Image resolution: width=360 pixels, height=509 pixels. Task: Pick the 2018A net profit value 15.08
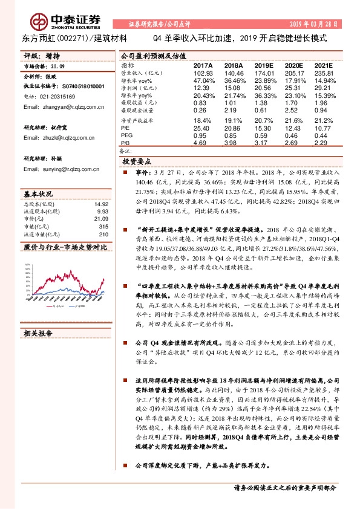232,88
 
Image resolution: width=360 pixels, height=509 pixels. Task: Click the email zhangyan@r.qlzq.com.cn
54,107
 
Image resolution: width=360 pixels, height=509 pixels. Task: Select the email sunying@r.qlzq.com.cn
53,169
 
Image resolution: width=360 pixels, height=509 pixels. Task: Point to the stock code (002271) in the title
70,38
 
